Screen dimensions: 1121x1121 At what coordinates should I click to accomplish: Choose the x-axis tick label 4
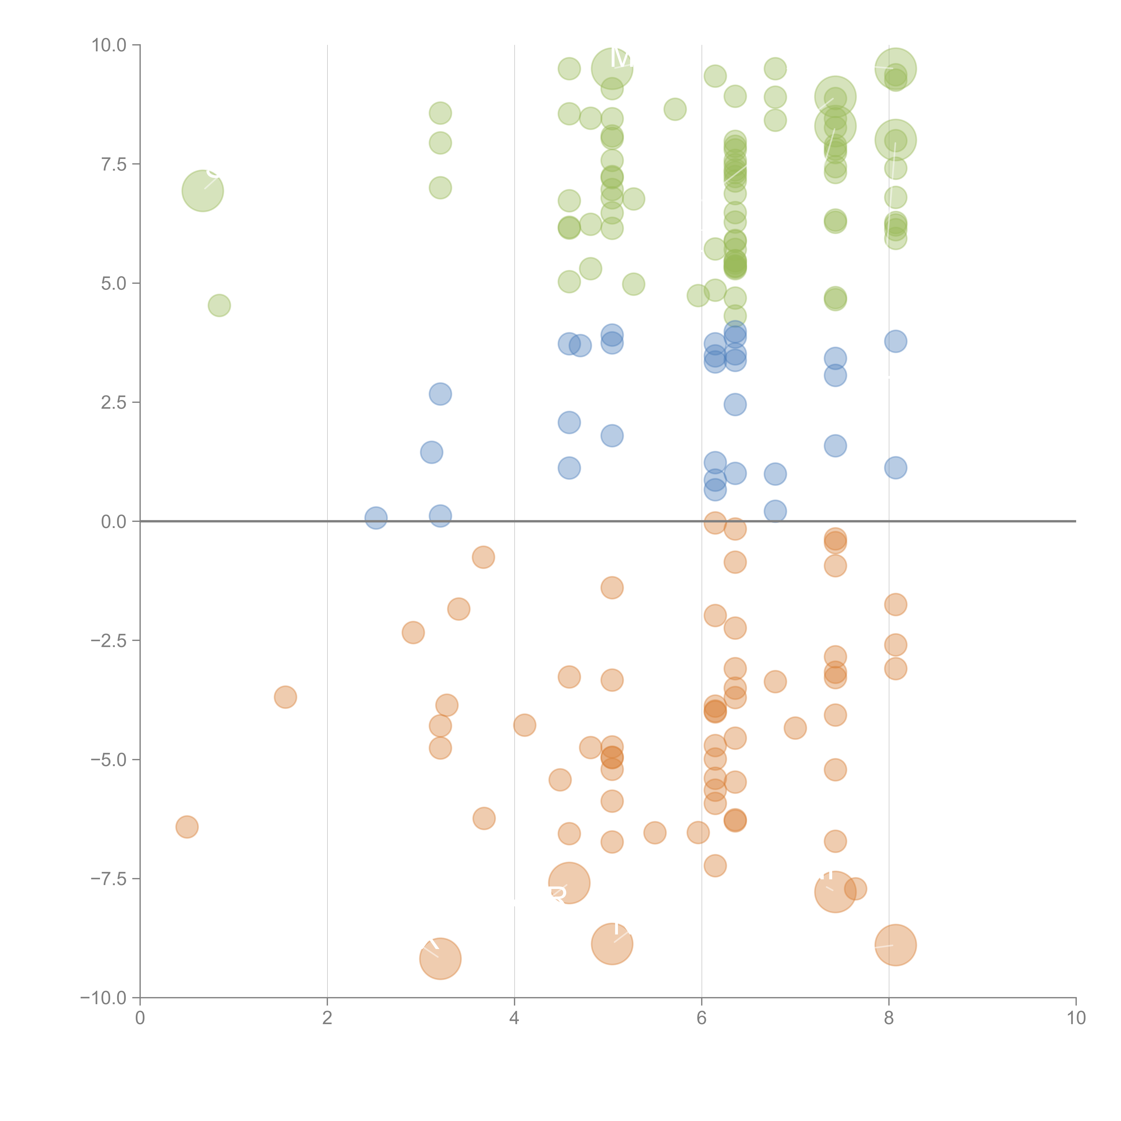click(x=514, y=1018)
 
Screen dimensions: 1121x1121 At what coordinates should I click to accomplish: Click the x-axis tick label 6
click(x=702, y=1018)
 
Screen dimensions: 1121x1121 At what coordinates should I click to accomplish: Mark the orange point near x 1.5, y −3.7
click(x=285, y=697)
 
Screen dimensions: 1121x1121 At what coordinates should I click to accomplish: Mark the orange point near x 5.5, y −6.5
click(x=654, y=833)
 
